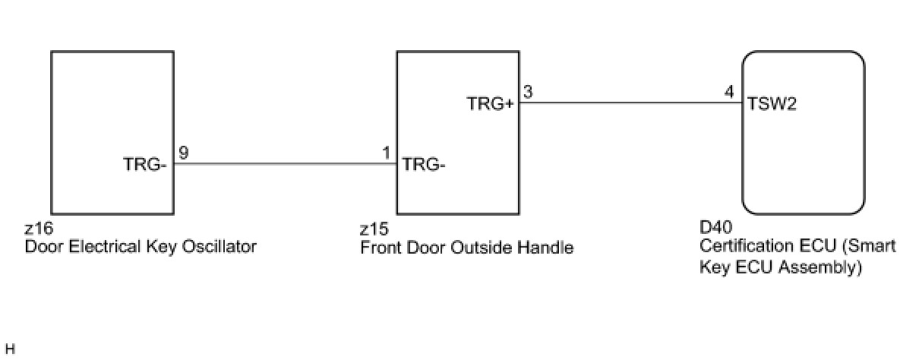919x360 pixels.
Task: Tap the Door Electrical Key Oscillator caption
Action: coord(141,246)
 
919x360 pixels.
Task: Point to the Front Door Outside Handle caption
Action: coord(466,248)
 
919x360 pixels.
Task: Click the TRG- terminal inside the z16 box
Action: coord(144,163)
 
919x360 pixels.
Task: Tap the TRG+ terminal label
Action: coord(491,104)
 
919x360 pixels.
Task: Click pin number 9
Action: coord(184,153)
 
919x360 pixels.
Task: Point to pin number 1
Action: coord(387,153)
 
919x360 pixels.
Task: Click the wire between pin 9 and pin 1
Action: coord(285,163)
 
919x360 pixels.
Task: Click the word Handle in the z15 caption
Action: coord(550,248)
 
